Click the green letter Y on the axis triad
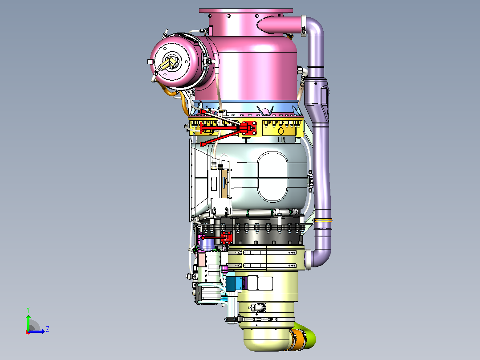28,310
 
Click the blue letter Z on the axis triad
48,329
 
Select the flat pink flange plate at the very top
246,11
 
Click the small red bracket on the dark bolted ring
227,237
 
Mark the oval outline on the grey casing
258,177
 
